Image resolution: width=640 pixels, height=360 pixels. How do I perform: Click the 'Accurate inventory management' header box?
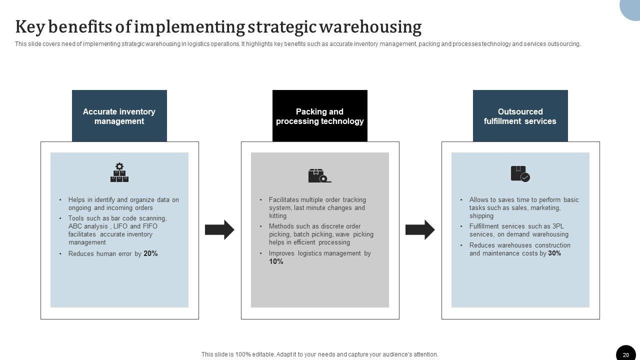[x=119, y=116]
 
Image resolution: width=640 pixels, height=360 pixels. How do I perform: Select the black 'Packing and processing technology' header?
[x=319, y=116]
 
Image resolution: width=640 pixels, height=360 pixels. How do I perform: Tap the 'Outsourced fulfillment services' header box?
[x=520, y=116]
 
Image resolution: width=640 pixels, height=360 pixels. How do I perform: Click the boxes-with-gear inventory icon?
[x=119, y=172]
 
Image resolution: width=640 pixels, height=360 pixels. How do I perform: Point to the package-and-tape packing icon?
[x=319, y=175]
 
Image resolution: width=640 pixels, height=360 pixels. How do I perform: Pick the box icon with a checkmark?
[x=520, y=173]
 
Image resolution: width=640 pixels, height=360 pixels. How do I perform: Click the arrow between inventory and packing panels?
[x=219, y=229]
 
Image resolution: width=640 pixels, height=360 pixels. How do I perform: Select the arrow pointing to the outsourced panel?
[x=420, y=229]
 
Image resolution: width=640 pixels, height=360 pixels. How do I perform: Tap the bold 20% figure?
[x=150, y=253]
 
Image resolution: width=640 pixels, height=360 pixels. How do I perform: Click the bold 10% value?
[x=276, y=261]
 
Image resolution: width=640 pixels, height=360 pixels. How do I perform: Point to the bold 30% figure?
[x=554, y=253]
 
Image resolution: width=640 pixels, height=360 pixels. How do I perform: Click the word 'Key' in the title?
[x=29, y=26]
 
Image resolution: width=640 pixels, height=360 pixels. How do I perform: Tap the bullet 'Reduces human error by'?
[x=105, y=254]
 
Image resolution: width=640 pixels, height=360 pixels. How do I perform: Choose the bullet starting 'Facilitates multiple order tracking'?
[x=317, y=207]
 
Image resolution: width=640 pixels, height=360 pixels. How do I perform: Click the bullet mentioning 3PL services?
[x=518, y=230]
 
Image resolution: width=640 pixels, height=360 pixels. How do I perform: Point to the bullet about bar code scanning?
[x=117, y=230]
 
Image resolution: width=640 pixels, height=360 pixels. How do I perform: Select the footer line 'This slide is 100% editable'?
[x=319, y=354]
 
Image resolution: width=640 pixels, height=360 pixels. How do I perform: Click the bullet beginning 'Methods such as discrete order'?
[x=320, y=234]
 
